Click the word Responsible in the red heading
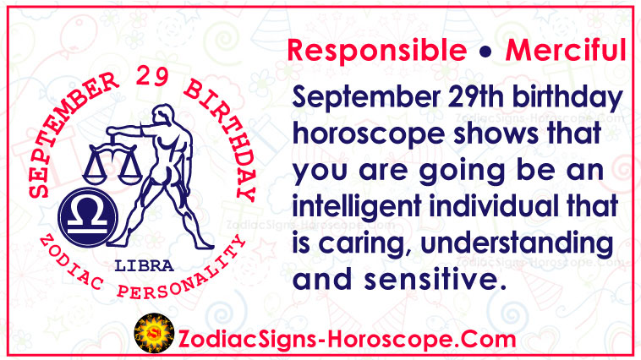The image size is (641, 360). click(377, 50)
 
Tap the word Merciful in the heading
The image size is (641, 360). click(566, 50)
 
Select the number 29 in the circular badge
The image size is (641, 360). click(152, 75)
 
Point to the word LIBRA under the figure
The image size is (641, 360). click(145, 266)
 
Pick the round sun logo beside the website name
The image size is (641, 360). click(154, 333)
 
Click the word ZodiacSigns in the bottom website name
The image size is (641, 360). click(246, 340)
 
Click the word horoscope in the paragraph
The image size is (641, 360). click(369, 134)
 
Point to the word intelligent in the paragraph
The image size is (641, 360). click(357, 206)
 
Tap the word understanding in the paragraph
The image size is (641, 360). click(518, 243)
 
